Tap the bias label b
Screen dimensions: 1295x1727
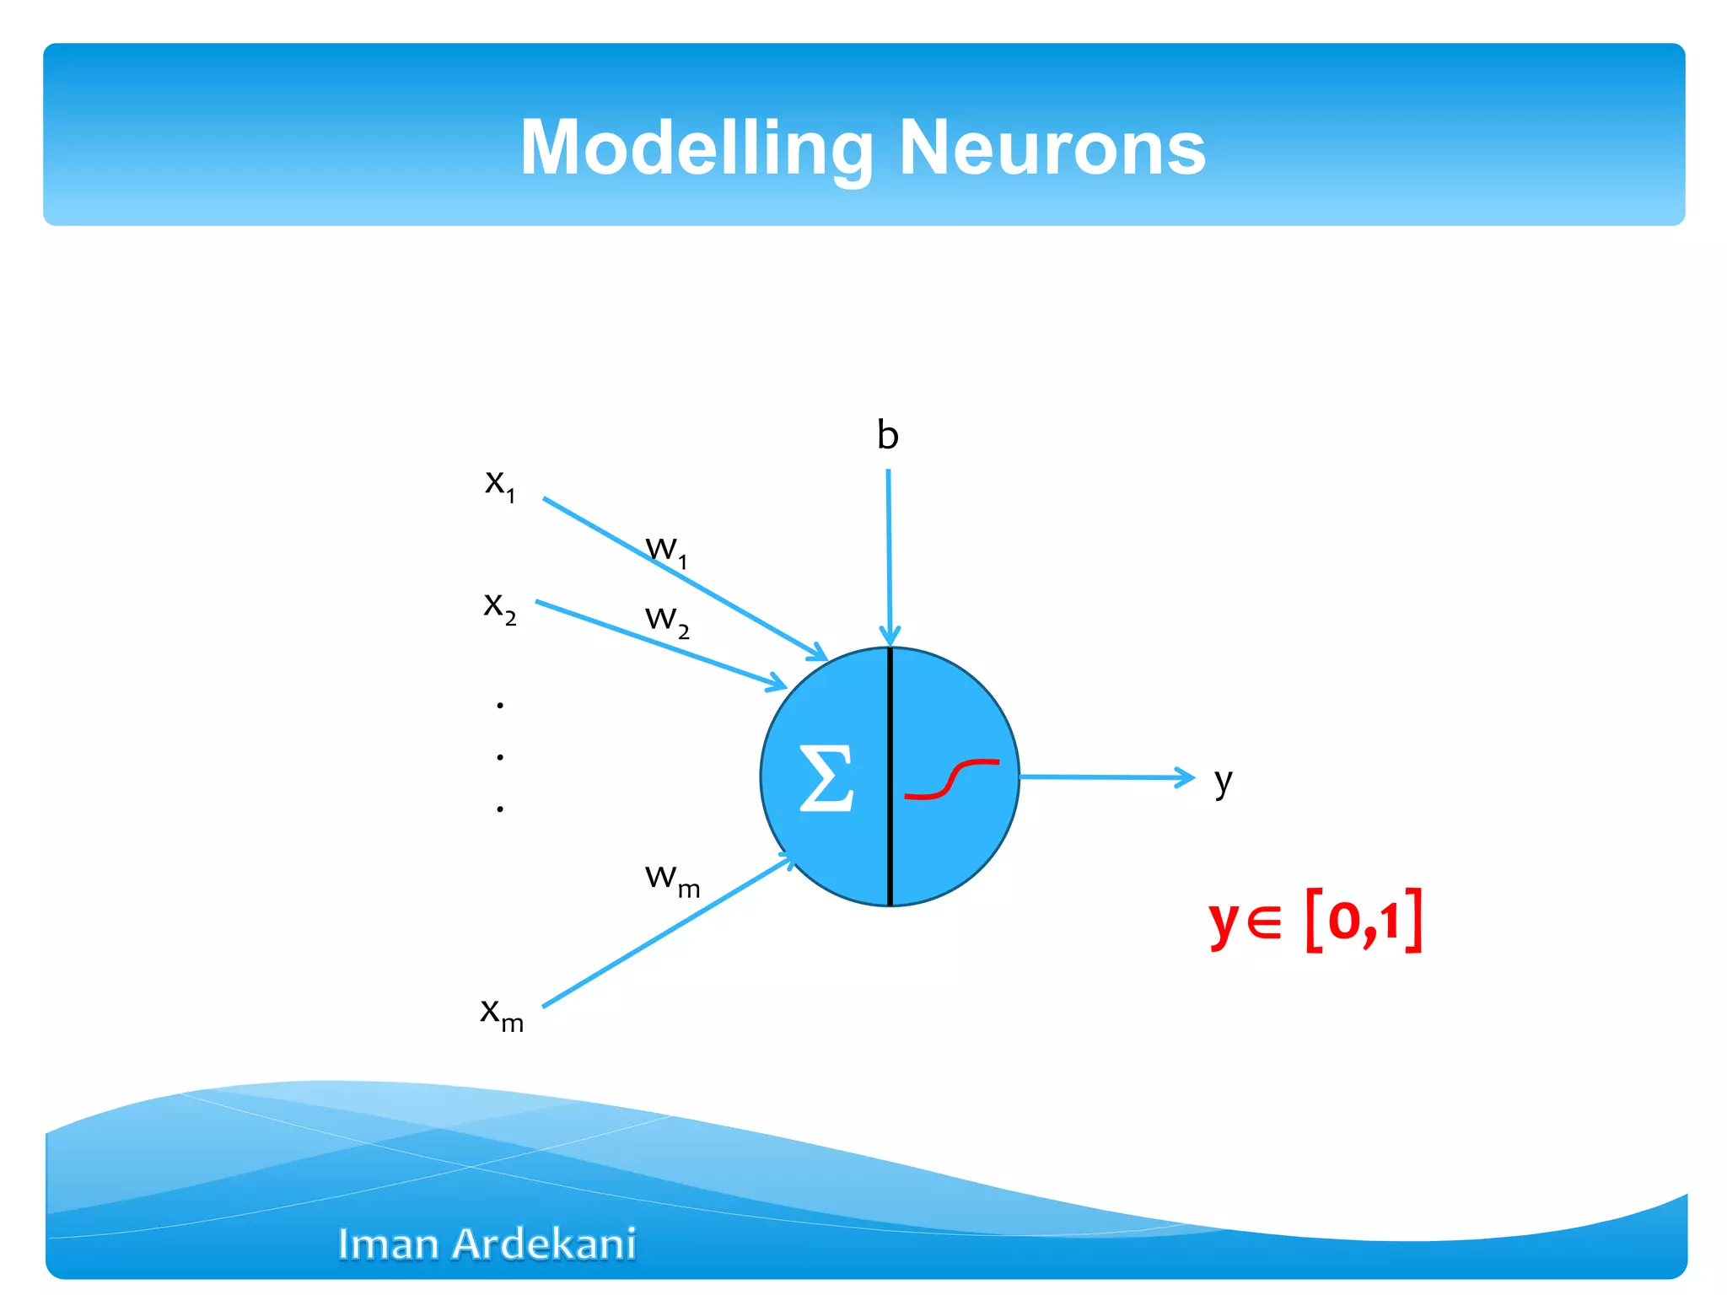coord(887,436)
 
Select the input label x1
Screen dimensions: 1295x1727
coord(499,484)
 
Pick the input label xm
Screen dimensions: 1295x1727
coord(501,1013)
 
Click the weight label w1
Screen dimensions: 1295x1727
coord(666,551)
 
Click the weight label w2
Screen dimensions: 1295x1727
coord(666,620)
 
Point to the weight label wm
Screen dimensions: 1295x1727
coord(671,879)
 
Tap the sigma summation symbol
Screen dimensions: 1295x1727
coord(826,778)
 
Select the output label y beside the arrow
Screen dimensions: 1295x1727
coord(1223,782)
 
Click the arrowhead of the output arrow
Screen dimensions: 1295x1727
coord(1186,777)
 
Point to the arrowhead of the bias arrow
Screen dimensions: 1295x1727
coord(890,637)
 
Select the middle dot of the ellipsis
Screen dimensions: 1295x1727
coord(500,757)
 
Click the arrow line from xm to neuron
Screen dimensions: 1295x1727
coord(666,932)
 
